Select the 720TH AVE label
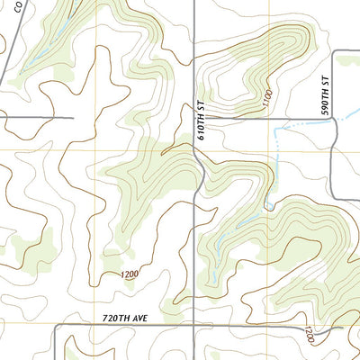123,319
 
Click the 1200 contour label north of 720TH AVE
130,274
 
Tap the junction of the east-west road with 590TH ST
335,119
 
